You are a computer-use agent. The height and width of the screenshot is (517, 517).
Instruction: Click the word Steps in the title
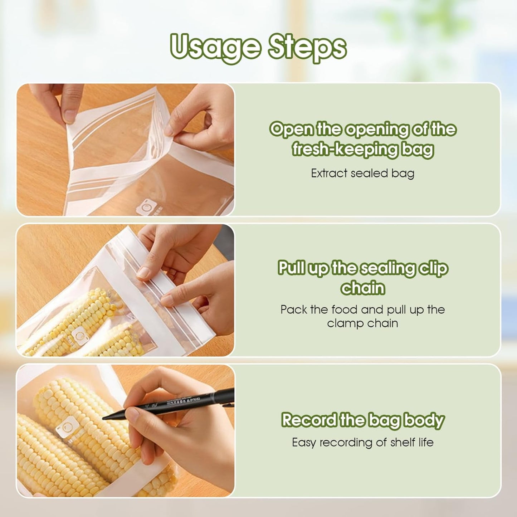point(307,47)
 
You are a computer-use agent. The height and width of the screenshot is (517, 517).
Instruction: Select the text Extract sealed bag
point(362,173)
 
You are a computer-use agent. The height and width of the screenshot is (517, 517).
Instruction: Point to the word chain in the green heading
point(362,288)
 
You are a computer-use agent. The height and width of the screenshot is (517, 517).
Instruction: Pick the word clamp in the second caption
point(345,323)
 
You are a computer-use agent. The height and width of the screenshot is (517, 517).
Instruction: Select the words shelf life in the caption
point(412,443)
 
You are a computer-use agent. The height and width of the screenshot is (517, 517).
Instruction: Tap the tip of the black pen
point(104,418)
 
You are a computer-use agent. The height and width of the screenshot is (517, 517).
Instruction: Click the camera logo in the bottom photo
point(66,427)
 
